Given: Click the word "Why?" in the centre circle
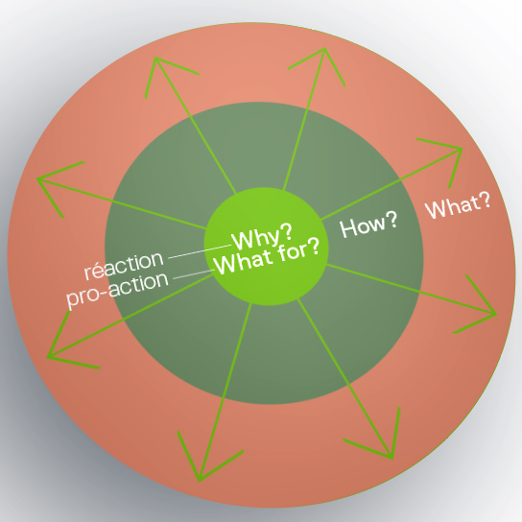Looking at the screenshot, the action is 262,237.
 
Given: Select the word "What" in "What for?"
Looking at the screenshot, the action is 244,263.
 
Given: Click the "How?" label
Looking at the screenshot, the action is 368,225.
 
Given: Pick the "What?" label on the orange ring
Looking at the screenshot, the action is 458,206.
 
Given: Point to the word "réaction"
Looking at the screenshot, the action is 124,265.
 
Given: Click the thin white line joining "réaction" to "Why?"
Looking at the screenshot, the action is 200,251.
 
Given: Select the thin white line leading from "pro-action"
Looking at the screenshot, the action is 194,274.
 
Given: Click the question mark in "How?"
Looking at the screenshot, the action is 391,220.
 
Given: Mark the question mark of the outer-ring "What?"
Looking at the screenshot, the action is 485,202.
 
